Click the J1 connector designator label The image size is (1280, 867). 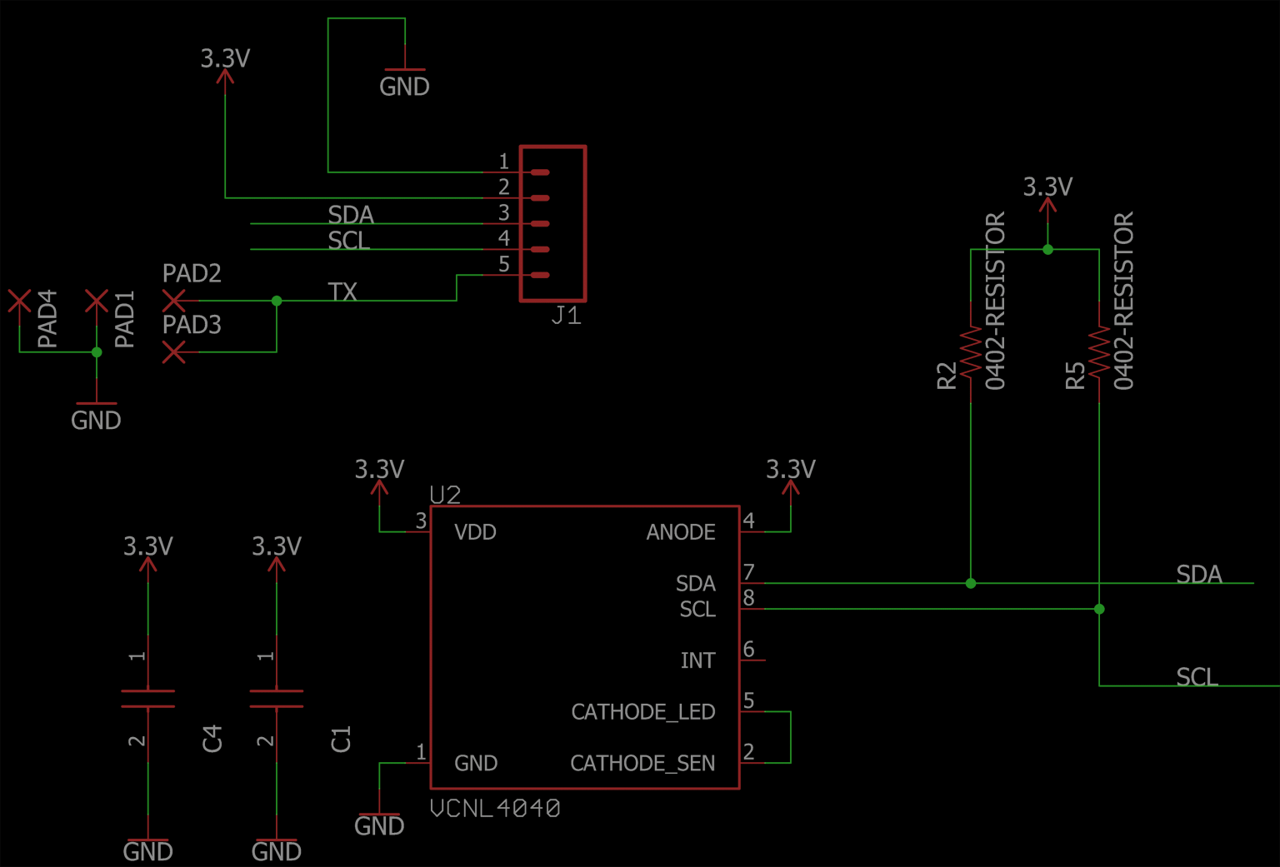tap(567, 315)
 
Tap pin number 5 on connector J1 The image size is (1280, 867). tap(503, 264)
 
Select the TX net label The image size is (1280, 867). tap(342, 291)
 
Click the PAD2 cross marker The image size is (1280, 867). tap(173, 301)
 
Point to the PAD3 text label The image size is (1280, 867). tap(192, 325)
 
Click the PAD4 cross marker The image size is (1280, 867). tap(19, 301)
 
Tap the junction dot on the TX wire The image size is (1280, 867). tap(277, 301)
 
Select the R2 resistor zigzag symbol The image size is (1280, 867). tap(971, 351)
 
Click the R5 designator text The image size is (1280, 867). tap(1076, 375)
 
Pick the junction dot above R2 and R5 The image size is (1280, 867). tap(1047, 249)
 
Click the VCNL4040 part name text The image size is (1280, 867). tap(495, 808)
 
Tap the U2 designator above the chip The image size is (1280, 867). tap(445, 495)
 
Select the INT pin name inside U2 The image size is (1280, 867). tap(697, 660)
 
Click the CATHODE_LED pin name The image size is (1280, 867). tap(642, 712)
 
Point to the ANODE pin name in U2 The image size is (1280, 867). tap(680, 532)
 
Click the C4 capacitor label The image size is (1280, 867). tap(213, 738)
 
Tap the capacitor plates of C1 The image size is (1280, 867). tap(277, 699)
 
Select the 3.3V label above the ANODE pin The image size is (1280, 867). tap(790, 470)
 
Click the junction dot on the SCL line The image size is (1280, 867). tap(1099, 609)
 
